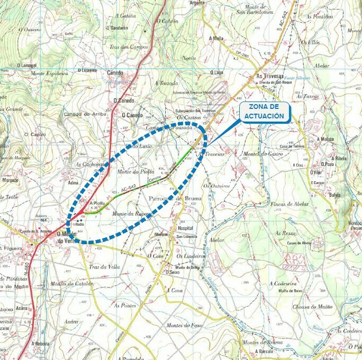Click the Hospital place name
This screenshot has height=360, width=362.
point(186,228)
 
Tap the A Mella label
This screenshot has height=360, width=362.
point(216,39)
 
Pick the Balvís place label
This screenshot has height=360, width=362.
point(334,195)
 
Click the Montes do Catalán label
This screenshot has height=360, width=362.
point(72,283)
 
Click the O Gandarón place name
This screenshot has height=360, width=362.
point(117,28)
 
